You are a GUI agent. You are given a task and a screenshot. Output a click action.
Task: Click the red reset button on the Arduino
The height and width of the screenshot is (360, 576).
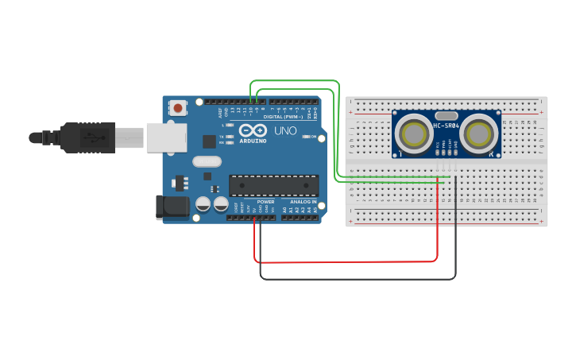(x=178, y=107)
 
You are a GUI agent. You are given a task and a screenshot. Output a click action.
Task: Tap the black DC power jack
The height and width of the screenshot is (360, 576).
(x=173, y=207)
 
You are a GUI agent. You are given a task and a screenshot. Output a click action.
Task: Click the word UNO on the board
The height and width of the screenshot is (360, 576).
(x=285, y=130)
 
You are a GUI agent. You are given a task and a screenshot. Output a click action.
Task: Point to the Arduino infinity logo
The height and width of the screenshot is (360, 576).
(x=253, y=130)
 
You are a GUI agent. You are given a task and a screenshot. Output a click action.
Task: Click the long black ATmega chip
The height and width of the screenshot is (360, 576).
(x=274, y=185)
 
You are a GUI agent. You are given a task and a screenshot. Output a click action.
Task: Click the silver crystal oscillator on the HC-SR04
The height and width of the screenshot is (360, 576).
(x=446, y=114)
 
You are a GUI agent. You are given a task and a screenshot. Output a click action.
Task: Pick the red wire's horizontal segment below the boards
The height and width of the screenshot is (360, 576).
(x=346, y=261)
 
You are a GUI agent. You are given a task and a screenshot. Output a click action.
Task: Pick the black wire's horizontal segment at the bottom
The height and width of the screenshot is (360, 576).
(x=358, y=279)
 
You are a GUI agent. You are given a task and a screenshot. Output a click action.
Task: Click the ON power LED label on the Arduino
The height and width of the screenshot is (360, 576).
(x=313, y=137)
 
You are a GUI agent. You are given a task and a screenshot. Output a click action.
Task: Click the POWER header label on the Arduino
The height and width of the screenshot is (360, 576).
(x=265, y=202)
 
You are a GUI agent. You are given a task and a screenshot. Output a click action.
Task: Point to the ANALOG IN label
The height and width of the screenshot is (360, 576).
(x=302, y=202)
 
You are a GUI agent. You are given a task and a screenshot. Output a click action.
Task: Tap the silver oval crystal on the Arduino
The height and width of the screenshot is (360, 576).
(x=207, y=161)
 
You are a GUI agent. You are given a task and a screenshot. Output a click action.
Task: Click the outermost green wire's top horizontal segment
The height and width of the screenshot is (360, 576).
(x=294, y=80)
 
